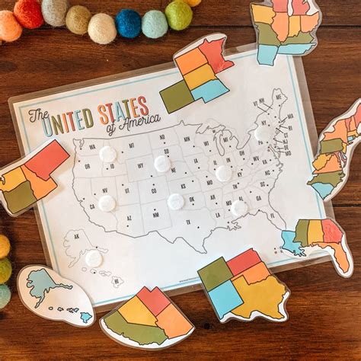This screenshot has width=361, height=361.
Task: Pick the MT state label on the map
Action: [131, 145]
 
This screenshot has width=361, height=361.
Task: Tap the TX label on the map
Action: [187, 222]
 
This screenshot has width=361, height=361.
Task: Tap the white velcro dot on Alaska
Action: [94, 259]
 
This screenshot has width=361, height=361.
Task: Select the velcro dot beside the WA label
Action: [108, 154]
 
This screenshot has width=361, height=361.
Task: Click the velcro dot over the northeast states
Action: [263, 133]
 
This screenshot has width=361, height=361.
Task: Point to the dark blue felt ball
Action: [128, 23]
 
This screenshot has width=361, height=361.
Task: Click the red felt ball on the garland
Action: [29, 13]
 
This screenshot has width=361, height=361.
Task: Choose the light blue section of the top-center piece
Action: [209, 90]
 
